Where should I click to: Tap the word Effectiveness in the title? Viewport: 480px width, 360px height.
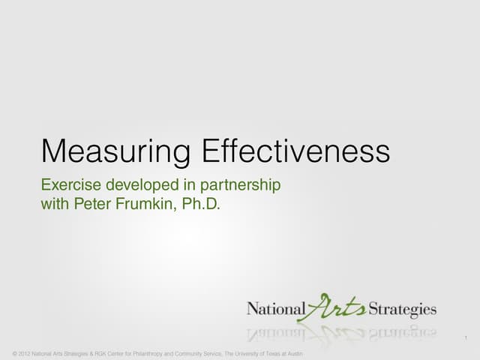tap(296, 151)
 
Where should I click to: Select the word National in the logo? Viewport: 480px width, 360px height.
tap(276, 307)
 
